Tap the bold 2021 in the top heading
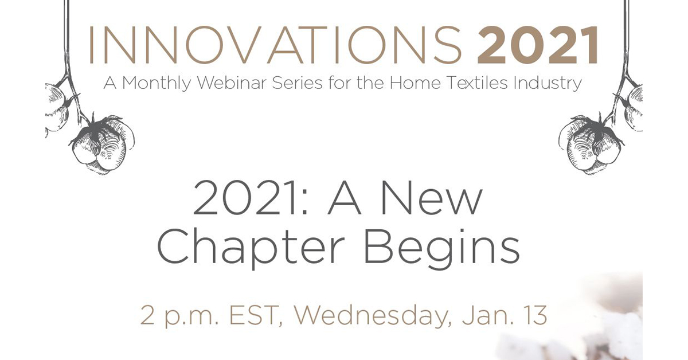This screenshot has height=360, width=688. pos(538,45)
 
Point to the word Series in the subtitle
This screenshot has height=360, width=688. pos(297,83)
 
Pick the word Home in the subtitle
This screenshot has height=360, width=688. pos(415,83)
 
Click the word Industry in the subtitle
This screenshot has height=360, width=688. pos(548,84)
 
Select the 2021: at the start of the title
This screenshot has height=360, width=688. pos(250,199)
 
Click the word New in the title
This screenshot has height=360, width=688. pos(432,199)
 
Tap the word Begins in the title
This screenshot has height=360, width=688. pos(441,249)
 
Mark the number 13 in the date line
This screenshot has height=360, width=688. pos(535,315)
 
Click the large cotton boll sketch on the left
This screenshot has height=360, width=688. pos(102,144)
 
